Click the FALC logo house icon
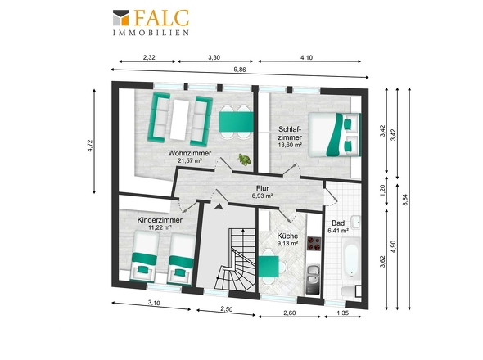pyautogui.click(x=121, y=17)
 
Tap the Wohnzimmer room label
pyautogui.click(x=190, y=153)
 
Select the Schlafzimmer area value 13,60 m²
pyautogui.click(x=290, y=145)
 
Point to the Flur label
pyautogui.click(x=263, y=188)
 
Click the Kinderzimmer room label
pyautogui.click(x=160, y=220)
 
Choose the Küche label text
pyautogui.click(x=287, y=236)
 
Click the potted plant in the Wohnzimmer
pyautogui.click(x=244, y=160)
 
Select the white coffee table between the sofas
pyautogui.click(x=180, y=119)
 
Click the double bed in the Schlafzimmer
pyautogui.click(x=335, y=135)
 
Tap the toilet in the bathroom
pyautogui.click(x=351, y=291)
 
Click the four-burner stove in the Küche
pyautogui.click(x=314, y=244)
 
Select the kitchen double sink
pyautogui.click(x=314, y=275)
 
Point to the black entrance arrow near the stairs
pyautogui.click(x=219, y=207)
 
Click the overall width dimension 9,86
pyautogui.click(x=240, y=70)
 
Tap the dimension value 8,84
pyautogui.click(x=405, y=200)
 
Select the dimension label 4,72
pyautogui.click(x=89, y=146)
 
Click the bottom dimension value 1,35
pyautogui.click(x=342, y=313)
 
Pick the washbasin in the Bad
pyautogui.click(x=356, y=222)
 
